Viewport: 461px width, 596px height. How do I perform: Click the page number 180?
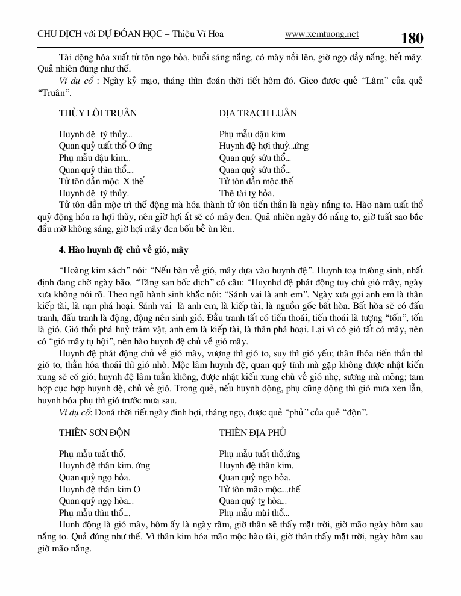[412, 38]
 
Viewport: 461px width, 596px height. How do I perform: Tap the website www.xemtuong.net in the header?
[321, 34]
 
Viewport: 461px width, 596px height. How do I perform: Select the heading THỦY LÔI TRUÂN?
[98, 113]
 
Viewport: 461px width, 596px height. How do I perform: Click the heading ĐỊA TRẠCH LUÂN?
[258, 113]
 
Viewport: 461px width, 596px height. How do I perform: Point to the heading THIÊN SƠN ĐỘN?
[95, 433]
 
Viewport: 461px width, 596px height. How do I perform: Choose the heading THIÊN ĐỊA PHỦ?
[252, 433]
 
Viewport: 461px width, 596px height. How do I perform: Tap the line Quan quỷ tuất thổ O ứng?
[105, 146]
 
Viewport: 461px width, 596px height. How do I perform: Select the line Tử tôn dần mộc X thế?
[102, 181]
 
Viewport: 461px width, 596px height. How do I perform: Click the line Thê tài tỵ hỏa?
[247, 193]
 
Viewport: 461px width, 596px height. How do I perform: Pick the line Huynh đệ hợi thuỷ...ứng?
[264, 146]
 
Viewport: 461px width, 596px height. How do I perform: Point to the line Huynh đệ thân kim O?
[99, 489]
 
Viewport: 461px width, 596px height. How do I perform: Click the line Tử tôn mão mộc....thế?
[260, 489]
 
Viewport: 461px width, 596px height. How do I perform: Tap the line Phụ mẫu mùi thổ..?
[254, 514]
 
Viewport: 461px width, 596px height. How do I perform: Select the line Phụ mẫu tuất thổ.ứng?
[260, 454]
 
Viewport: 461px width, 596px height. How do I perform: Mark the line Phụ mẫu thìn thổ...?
[95, 514]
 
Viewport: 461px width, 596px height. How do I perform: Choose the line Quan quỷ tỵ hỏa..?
[253, 501]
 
